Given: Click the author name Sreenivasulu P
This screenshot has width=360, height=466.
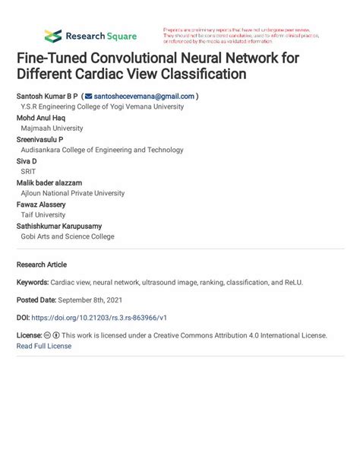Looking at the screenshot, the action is click(39, 140).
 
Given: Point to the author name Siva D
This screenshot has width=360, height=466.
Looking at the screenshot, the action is click(27, 161).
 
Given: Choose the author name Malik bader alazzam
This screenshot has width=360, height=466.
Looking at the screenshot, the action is click(49, 183).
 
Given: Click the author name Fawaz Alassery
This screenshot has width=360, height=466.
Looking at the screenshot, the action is click(40, 204).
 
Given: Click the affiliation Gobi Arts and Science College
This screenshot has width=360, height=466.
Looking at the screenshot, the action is click(68, 236).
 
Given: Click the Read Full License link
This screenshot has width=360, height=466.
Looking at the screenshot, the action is click(44, 346).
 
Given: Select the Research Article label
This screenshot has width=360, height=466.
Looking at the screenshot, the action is click(42, 265).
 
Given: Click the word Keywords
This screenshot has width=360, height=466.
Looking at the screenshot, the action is click(33, 282).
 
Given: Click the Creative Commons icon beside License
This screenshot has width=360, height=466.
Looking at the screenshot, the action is click(48, 335).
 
